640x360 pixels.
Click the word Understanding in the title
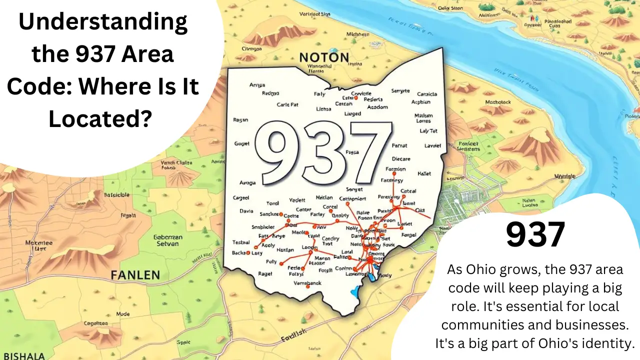tap(103, 22)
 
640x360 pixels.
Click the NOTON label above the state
tap(323, 57)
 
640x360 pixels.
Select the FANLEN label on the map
tap(135, 275)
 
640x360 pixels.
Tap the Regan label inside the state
tap(241, 120)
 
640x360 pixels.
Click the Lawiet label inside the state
tap(432, 146)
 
